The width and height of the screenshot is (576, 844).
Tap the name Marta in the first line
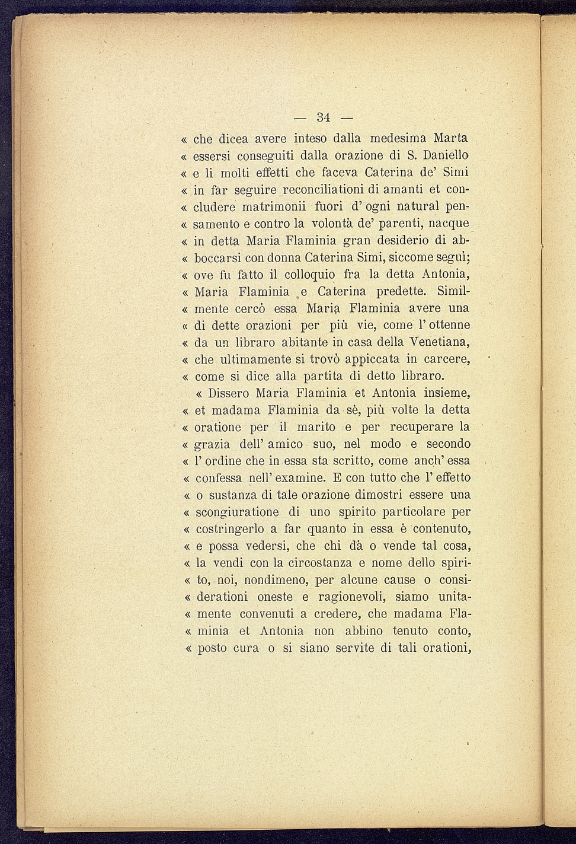[450, 139]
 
